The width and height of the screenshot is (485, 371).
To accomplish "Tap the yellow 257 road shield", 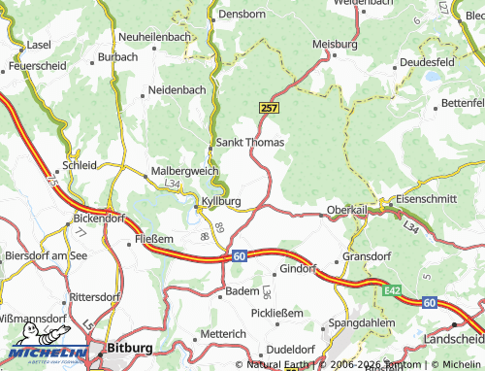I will (x=269, y=108).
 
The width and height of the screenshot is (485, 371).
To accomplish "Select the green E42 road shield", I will (x=391, y=289).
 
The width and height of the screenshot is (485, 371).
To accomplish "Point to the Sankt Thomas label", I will (x=249, y=142).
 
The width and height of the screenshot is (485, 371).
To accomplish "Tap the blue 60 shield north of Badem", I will (x=239, y=255).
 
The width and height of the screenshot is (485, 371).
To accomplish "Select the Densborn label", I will (x=242, y=15).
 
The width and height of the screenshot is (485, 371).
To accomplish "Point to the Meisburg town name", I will (x=336, y=45).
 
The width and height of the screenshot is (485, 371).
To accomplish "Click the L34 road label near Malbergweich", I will (x=172, y=184).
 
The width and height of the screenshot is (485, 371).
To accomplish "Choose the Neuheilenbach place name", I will (x=153, y=36).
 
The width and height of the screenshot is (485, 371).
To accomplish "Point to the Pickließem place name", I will (x=276, y=313).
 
